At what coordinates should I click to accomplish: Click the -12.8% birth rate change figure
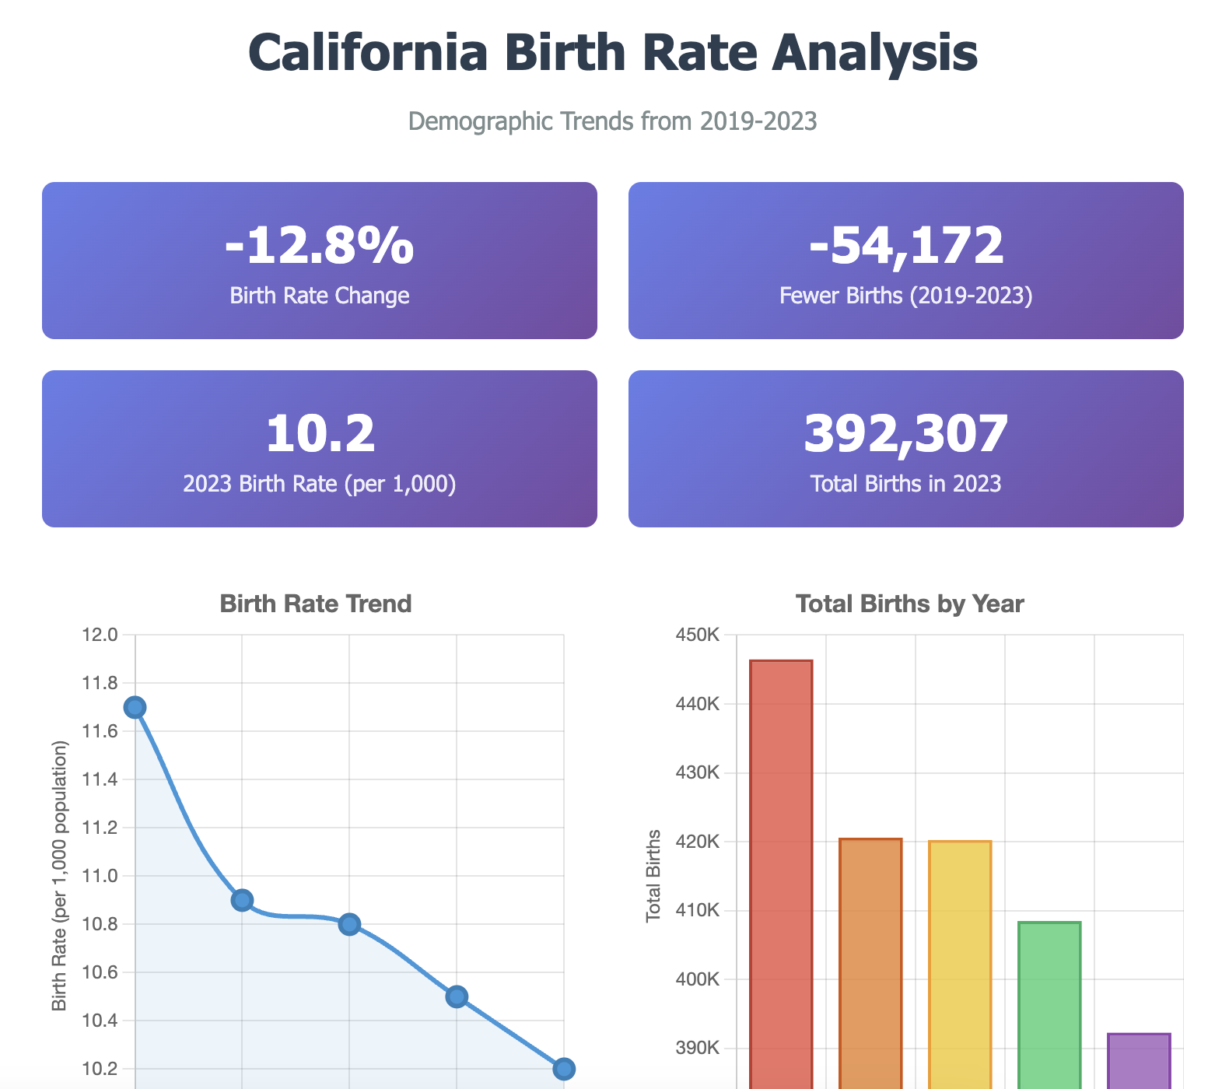pyautogui.click(x=319, y=247)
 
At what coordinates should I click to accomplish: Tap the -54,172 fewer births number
pyautogui.click(x=906, y=247)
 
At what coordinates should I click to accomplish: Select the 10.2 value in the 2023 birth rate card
pyautogui.click(x=320, y=434)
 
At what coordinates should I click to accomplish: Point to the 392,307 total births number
pyautogui.click(x=906, y=434)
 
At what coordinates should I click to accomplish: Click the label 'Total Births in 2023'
pyautogui.click(x=906, y=484)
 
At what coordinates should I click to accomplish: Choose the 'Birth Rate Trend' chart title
pyautogui.click(x=316, y=604)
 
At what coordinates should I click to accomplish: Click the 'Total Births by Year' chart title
pyautogui.click(x=910, y=604)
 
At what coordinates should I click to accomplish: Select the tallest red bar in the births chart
pyautogui.click(x=781, y=856)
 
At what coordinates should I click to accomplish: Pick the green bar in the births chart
pyautogui.click(x=1049, y=1003)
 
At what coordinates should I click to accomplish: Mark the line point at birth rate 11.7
pyautogui.click(x=135, y=707)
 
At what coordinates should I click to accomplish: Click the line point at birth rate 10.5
pyautogui.click(x=457, y=996)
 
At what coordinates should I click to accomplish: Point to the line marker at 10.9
pyautogui.click(x=242, y=900)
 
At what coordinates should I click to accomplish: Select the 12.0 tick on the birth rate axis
pyautogui.click(x=100, y=635)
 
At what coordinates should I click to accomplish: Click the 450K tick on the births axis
pyautogui.click(x=696, y=635)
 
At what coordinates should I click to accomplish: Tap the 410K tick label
pyautogui.click(x=696, y=911)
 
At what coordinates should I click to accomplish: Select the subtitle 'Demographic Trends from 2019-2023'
pyautogui.click(x=613, y=121)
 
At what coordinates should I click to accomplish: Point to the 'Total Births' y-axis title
pyautogui.click(x=654, y=875)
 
